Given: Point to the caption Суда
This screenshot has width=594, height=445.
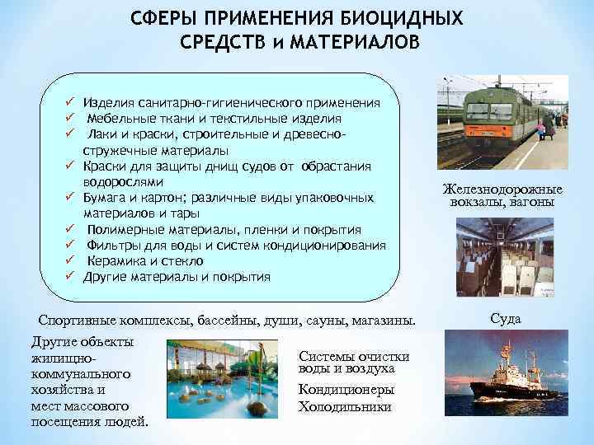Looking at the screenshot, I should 505,319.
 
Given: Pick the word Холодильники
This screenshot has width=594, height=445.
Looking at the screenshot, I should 346,407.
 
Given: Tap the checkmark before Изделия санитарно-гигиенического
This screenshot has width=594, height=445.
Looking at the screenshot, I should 72,103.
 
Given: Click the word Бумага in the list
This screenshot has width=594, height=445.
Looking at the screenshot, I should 110,198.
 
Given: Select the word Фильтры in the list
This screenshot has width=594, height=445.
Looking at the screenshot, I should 115,246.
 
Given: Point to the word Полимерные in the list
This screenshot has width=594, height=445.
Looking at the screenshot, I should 125,229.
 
